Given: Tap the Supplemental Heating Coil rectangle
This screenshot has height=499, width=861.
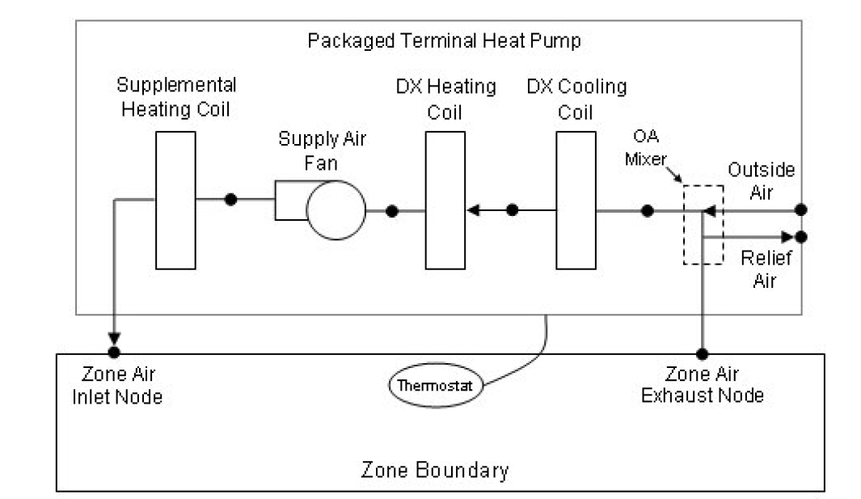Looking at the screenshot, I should tap(175, 200).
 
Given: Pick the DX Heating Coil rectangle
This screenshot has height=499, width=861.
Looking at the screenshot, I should tap(445, 200).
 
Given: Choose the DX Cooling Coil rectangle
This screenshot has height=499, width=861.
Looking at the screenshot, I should tap(576, 200).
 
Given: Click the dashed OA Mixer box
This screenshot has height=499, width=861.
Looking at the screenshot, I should tap(703, 224).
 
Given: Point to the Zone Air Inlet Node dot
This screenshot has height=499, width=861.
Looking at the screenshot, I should tap(114, 353).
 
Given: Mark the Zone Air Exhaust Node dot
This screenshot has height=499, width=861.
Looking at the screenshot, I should tap(703, 353).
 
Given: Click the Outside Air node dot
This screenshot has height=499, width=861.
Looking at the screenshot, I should tap(800, 210).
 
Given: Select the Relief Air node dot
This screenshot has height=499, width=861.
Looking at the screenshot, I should tap(800, 237).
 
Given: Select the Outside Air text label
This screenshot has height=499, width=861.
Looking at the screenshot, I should tap(761, 180).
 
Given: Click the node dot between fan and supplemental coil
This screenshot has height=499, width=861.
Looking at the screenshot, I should tap(231, 199).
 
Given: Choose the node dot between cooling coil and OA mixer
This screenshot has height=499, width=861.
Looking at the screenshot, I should tap(647, 211).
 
